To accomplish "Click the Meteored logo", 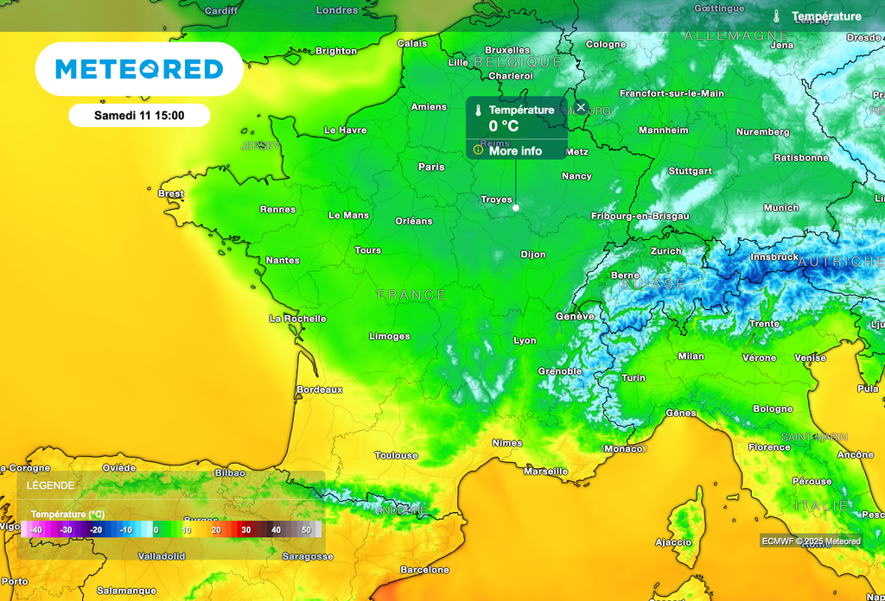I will coord(139,69).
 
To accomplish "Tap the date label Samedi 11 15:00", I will coord(139,114).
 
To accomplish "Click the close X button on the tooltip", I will coord(581,107).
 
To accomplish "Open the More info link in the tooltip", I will coord(515,151).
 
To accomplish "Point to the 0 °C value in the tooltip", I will coord(505,126).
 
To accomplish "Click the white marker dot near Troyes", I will coord(515,207).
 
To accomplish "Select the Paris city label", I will coord(431,167).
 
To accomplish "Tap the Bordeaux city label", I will coord(320,389).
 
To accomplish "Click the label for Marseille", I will coord(546,471).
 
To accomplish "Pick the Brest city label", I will coord(171,193).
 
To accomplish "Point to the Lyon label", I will coord(525,340).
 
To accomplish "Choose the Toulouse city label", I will coord(396,455).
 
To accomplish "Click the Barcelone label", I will coord(425,570).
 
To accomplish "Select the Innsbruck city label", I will coord(774,256).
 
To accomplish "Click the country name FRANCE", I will coord(411,295).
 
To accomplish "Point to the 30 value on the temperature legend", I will coord(246,529).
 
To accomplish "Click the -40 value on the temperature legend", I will coord(37,529).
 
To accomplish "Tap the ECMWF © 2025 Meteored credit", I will coord(811,541).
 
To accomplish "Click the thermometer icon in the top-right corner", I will coord(777,16).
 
